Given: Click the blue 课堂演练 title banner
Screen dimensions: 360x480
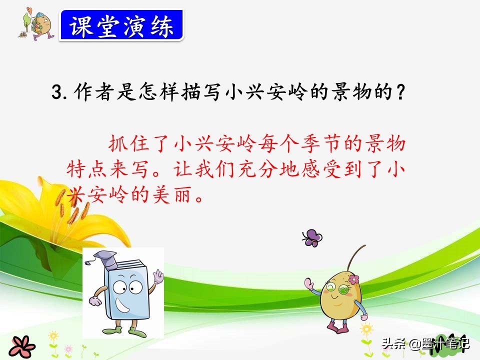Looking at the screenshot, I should click(x=121, y=25).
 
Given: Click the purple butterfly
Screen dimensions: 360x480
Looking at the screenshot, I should click(x=312, y=237).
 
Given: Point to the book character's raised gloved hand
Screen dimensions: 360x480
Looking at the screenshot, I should click(x=158, y=276).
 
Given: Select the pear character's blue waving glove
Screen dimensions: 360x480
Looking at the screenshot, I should click(x=308, y=285).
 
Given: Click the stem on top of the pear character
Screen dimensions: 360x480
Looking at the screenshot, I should click(x=356, y=257).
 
